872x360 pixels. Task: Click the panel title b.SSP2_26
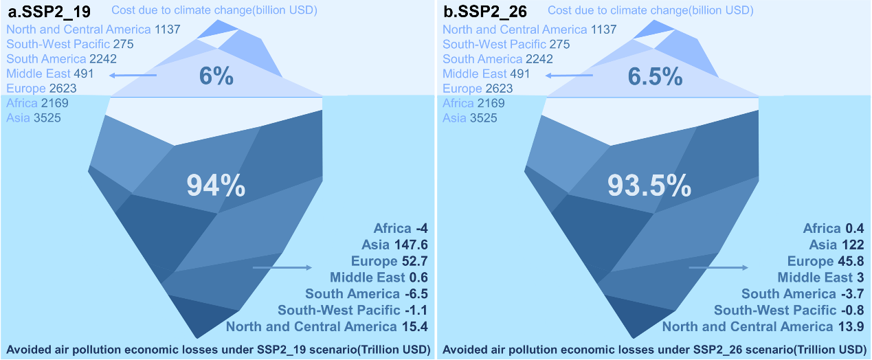coord(483,11)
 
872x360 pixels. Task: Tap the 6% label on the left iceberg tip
coord(216,76)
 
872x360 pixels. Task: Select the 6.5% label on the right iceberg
coord(654,76)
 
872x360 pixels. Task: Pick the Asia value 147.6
coord(413,245)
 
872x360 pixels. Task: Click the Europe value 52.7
coord(414,261)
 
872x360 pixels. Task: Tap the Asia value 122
coord(853,245)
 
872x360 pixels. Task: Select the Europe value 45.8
coord(851,261)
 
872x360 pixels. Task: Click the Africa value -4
coord(422,228)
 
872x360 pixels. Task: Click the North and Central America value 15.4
coord(414,327)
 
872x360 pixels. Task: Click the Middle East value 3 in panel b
coord(859,278)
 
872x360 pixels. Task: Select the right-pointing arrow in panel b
coord(717,268)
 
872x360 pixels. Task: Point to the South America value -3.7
coord(853,294)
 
